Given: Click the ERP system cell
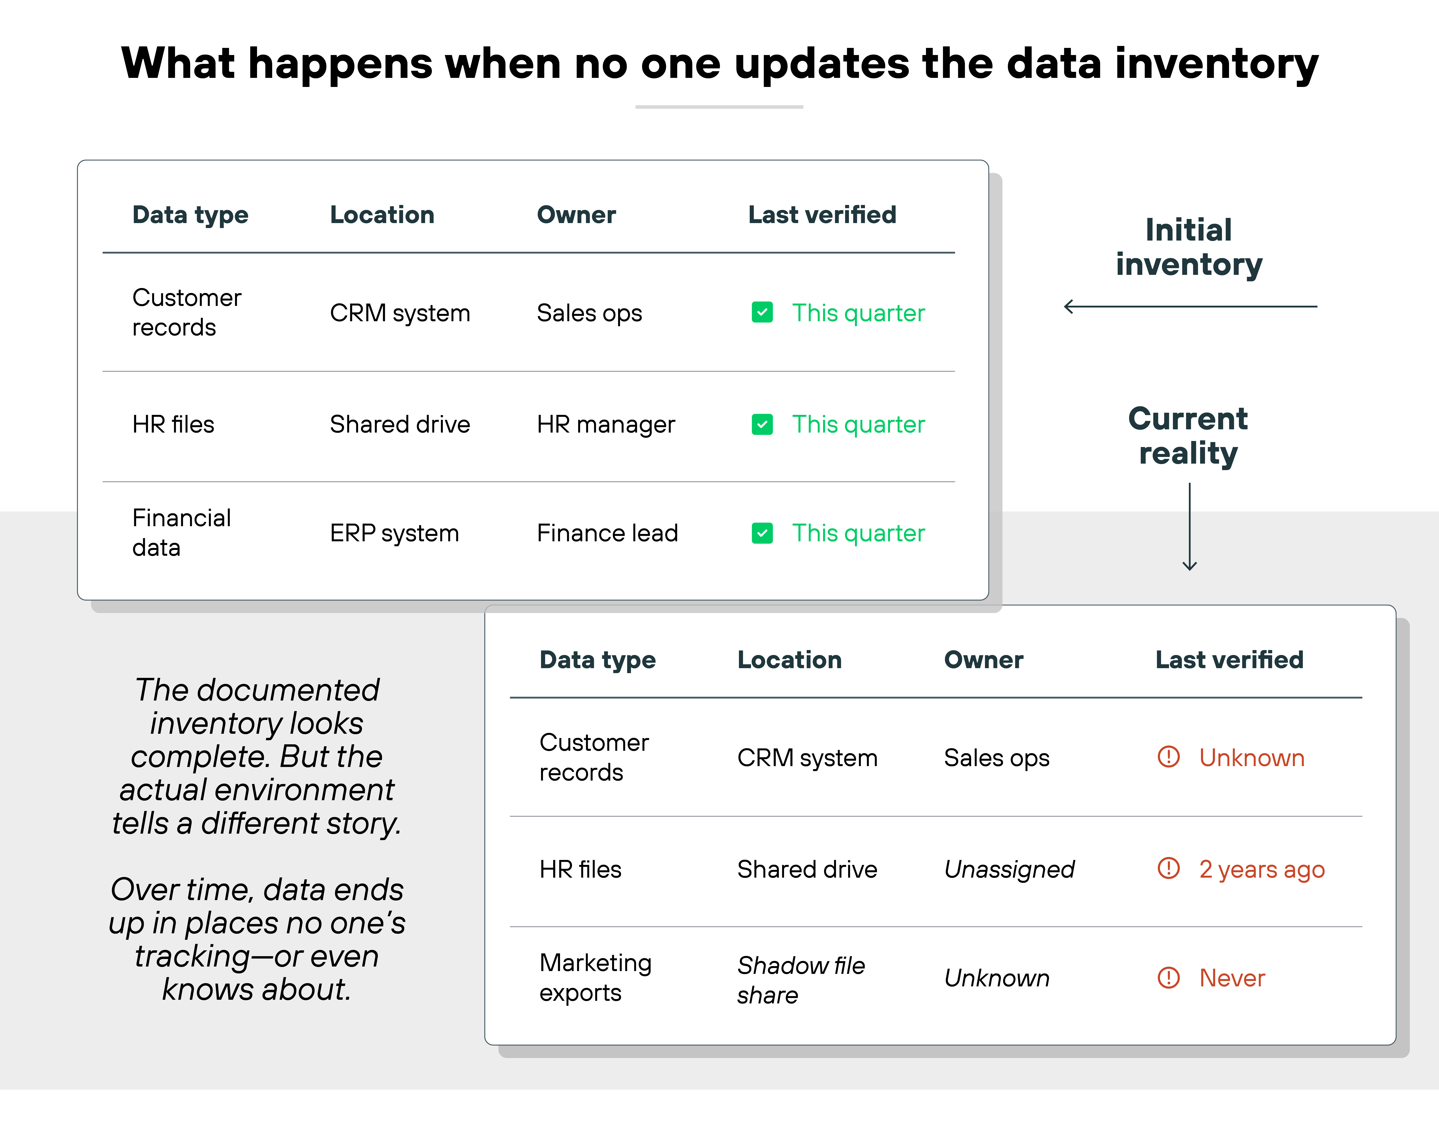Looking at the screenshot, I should (x=394, y=534).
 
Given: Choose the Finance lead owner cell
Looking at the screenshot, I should (x=607, y=534).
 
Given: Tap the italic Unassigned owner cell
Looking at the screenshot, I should (x=1009, y=869).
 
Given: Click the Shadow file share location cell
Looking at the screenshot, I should (x=801, y=979).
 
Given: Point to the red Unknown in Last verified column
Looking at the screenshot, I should (x=1251, y=758).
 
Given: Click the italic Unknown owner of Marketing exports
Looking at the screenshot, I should (x=996, y=978).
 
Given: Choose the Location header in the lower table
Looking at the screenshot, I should (x=789, y=660).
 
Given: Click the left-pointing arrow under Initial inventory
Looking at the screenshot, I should (x=1190, y=307).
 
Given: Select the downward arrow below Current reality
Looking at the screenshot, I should (x=1190, y=527).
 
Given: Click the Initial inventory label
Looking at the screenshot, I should (x=1189, y=247).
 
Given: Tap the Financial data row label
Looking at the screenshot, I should (x=182, y=533).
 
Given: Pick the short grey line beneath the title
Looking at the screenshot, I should (x=719, y=107).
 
